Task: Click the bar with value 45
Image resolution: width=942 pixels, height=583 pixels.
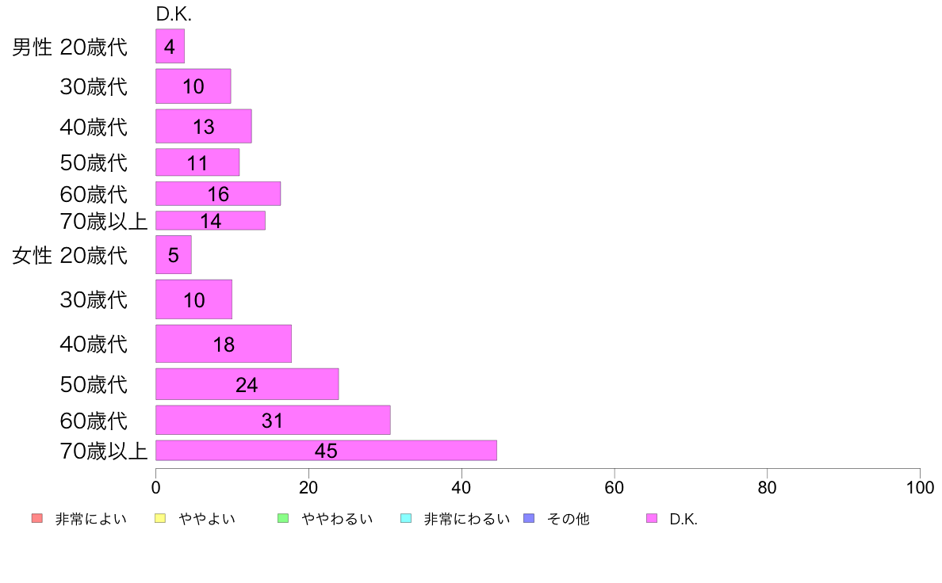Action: (x=326, y=451)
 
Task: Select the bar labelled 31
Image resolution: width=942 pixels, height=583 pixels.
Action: (x=273, y=420)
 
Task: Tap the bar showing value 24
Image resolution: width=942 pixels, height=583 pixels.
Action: (x=247, y=384)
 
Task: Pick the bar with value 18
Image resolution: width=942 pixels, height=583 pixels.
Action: (x=224, y=344)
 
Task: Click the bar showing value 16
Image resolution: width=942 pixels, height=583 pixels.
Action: (x=218, y=194)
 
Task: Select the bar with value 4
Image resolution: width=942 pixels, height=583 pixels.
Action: (x=170, y=47)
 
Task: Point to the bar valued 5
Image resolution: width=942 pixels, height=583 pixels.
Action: (x=174, y=255)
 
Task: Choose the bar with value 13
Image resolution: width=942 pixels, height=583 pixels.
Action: (x=203, y=126)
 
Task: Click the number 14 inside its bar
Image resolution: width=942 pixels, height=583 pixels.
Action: (x=211, y=221)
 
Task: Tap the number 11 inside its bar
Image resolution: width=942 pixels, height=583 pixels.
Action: (x=197, y=163)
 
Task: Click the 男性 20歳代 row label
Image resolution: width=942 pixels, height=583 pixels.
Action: (x=70, y=48)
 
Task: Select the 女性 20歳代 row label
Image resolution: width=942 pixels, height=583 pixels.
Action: (x=70, y=256)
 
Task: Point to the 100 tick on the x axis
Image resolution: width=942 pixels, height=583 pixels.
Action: (x=920, y=487)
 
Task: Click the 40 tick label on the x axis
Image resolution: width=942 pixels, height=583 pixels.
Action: (x=461, y=487)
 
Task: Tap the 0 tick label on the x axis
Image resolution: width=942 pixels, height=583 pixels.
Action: (x=156, y=487)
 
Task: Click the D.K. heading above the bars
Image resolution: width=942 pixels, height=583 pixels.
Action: (x=174, y=15)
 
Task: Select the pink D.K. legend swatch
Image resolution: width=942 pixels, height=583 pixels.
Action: (x=652, y=519)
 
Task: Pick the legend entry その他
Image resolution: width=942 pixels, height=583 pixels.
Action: (x=568, y=520)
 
